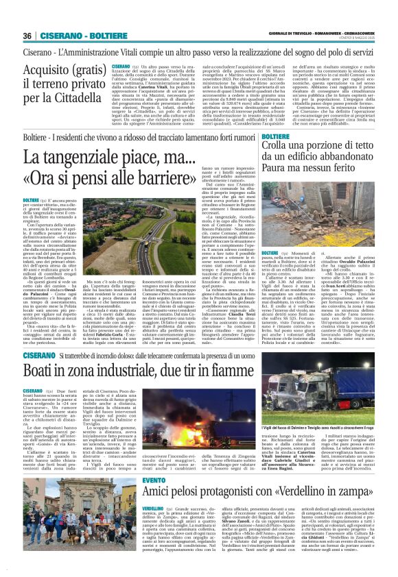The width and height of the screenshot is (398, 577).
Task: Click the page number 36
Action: coord(27,35)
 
